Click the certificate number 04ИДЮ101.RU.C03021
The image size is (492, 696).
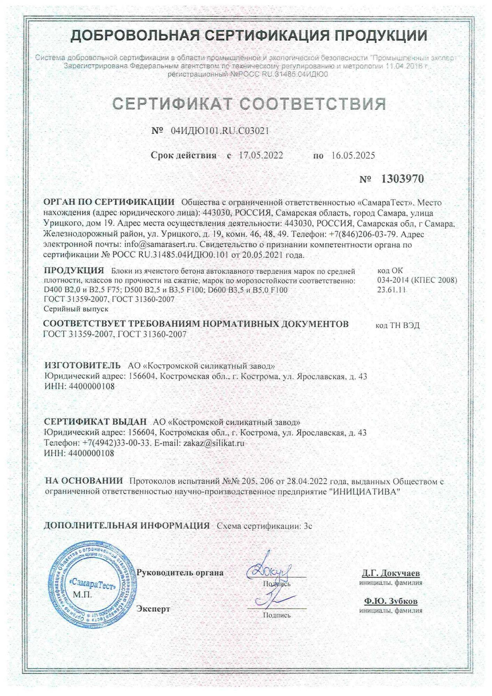pos(220,131)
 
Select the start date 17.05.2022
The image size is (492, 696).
pos(261,155)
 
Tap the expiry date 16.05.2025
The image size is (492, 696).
pos(353,155)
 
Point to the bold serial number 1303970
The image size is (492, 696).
pos(403,179)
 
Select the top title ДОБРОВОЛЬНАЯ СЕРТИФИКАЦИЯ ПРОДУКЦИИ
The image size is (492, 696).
pos(249,36)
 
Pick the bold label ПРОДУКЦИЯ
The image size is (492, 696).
pos(74,270)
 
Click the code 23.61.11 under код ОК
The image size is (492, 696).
pos(391,290)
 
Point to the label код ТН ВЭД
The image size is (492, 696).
pos(397,325)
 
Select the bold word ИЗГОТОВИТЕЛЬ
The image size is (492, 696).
pos(82,365)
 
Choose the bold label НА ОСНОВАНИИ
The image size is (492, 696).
pos(84,481)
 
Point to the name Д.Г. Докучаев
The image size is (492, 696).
pos(391,573)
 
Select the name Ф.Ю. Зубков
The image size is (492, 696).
pos(391,601)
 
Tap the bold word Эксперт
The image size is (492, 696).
pos(153,609)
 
